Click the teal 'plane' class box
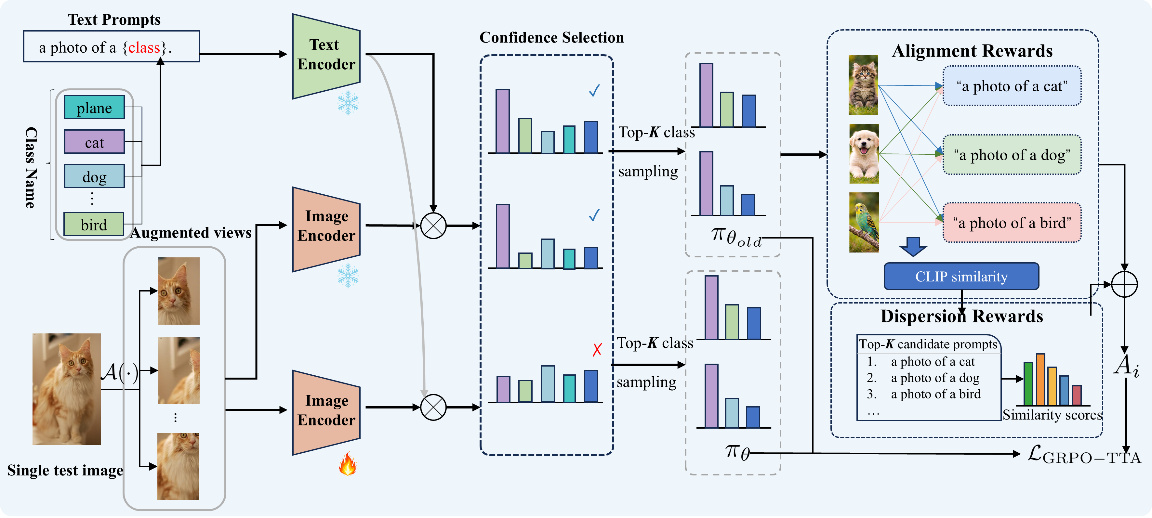[94, 107]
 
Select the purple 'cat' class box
[94, 142]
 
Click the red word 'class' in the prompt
[144, 47]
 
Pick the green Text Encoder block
[326, 56]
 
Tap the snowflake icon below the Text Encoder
[348, 103]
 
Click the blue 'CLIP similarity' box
[961, 277]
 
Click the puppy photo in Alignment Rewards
[864, 154]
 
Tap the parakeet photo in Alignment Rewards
[864, 222]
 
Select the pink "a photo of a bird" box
[1012, 223]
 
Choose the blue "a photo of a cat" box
[1012, 86]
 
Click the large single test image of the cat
[67, 389]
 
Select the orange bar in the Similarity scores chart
[1041, 380]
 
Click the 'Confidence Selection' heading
[551, 38]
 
